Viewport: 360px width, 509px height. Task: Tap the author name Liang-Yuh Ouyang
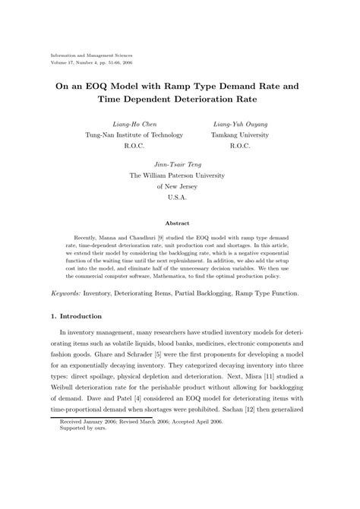241,124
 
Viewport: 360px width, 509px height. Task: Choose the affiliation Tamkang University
241,135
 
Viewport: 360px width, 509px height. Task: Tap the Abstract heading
178,223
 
